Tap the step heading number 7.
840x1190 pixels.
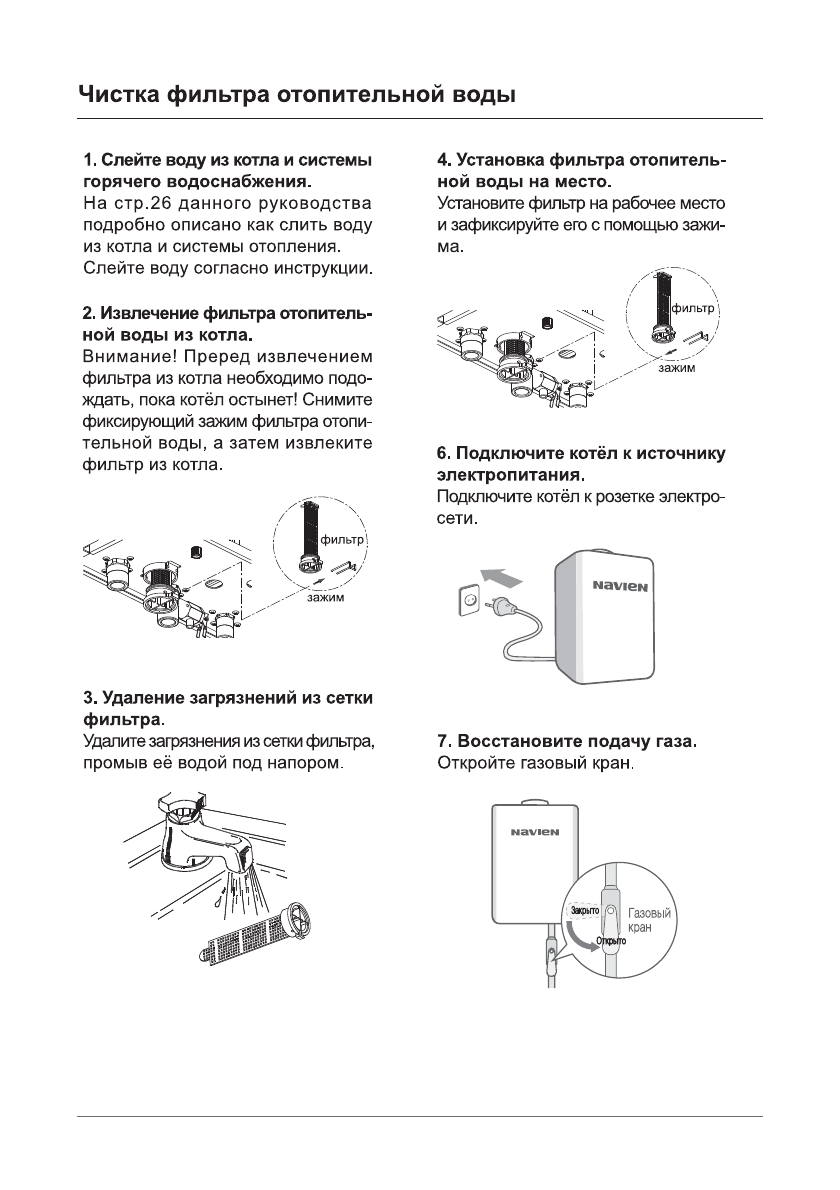444,742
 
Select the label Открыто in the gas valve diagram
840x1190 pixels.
610,941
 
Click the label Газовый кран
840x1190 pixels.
649,921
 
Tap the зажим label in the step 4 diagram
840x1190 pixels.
676,368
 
